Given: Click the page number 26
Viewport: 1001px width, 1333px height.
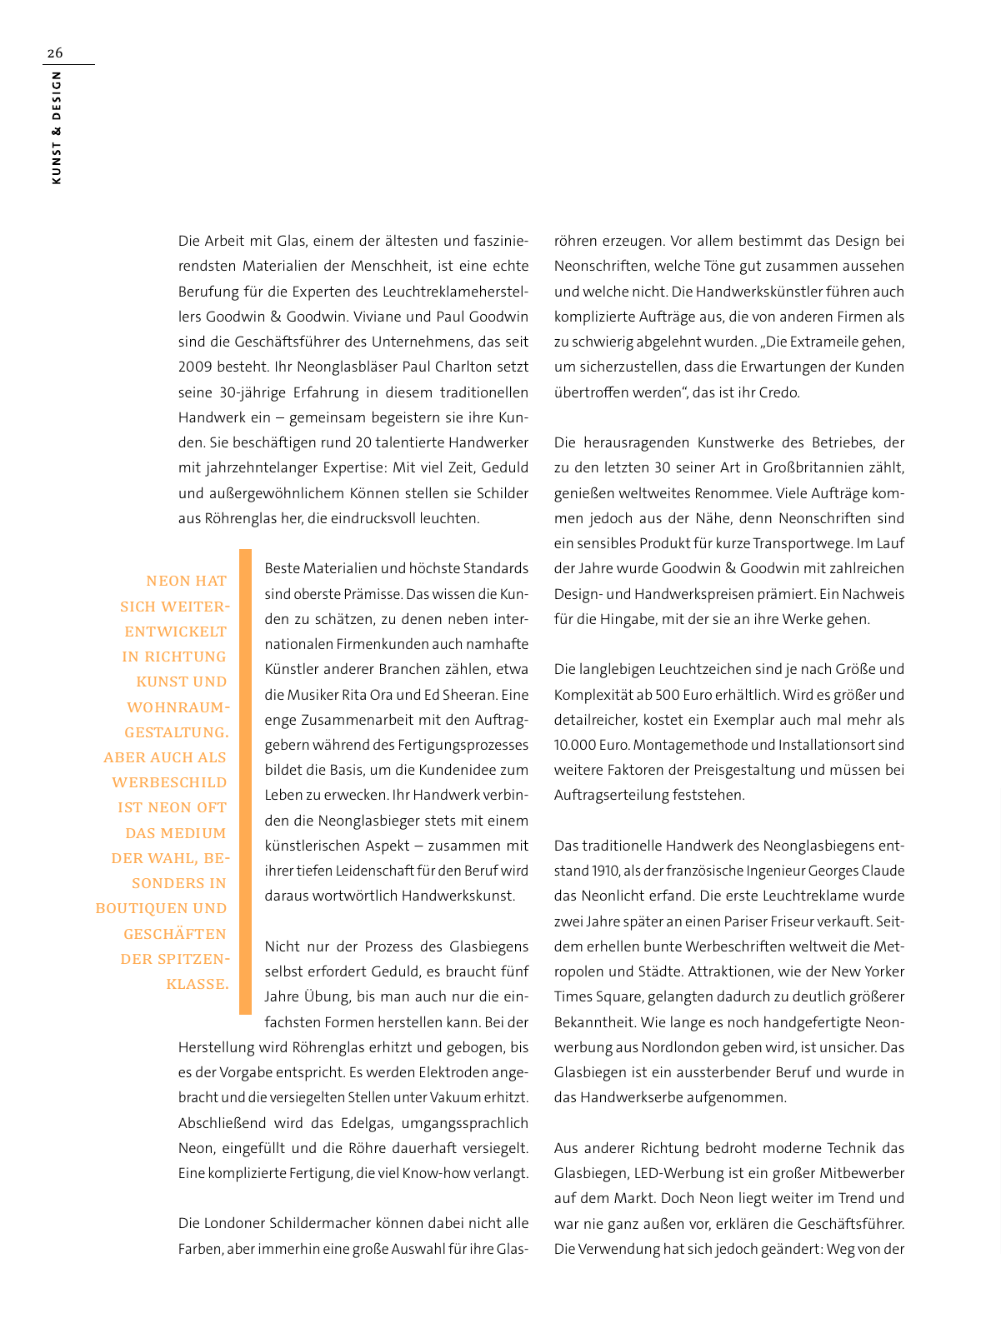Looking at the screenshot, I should tap(54, 53).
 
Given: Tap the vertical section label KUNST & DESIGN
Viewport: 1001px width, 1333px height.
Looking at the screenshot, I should tap(56, 127).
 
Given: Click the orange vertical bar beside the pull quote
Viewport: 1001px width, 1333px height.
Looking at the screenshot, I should tap(245, 781).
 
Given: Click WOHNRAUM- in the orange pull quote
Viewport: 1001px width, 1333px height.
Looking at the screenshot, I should tap(178, 707).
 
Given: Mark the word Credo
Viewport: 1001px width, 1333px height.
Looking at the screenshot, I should tap(778, 392).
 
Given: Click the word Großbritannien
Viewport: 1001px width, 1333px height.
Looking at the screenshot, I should tap(836, 467).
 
